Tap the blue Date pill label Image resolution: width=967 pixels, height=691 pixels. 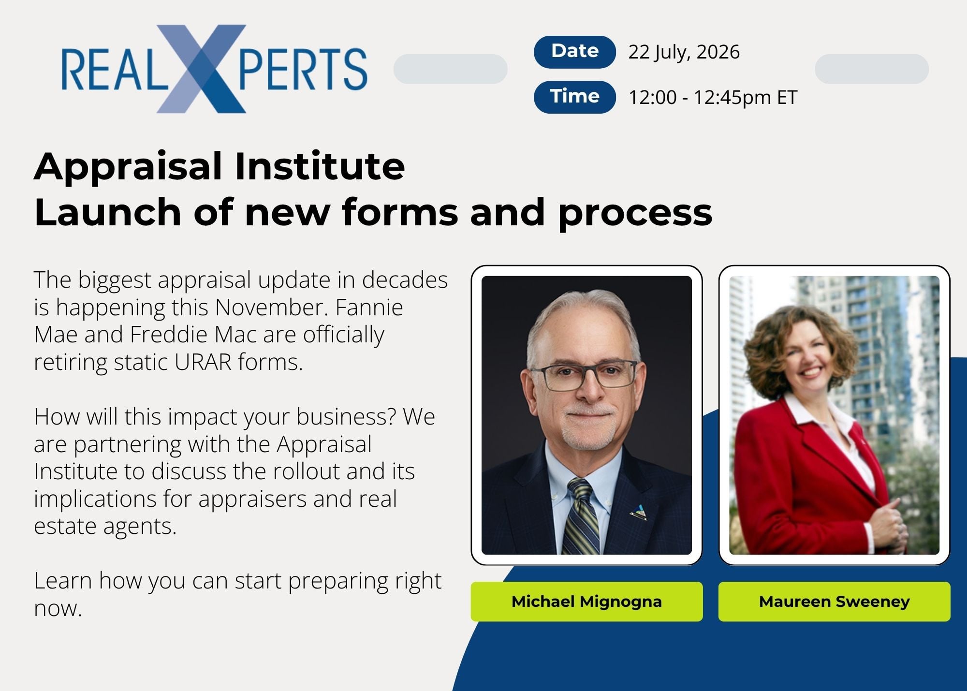pos(574,52)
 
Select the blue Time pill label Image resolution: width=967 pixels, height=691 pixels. pos(574,97)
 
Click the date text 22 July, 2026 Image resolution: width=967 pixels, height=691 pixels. pos(684,52)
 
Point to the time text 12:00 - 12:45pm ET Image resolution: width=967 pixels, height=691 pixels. pos(713,97)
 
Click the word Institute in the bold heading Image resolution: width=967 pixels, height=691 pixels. pos(320,166)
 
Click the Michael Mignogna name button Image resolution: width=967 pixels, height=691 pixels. pos(586,602)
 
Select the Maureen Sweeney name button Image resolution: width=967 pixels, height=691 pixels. pos(834,602)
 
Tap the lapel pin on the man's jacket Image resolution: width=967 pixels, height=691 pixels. pos(639,512)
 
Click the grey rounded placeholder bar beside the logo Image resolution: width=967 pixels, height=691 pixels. pos(450,69)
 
